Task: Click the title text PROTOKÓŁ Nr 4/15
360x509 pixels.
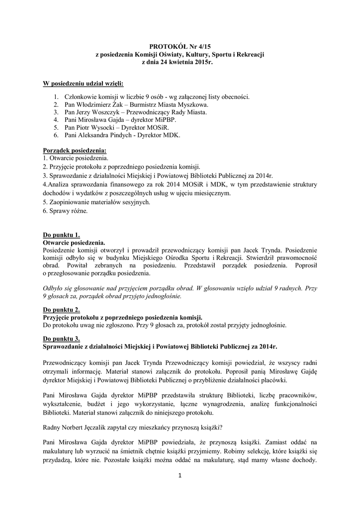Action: (180, 46)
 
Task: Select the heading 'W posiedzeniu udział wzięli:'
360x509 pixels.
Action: (83, 83)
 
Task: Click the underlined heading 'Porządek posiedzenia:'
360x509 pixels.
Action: (75, 151)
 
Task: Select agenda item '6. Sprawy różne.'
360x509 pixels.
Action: (65, 211)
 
